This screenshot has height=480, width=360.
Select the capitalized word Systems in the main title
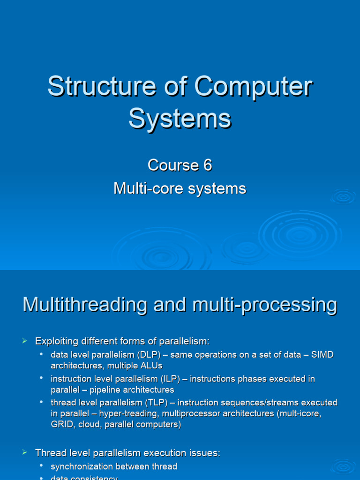pyautogui.click(x=180, y=118)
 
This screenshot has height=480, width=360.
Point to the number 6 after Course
pyautogui.click(x=207, y=165)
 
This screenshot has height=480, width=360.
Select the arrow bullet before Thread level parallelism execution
pyautogui.click(x=25, y=452)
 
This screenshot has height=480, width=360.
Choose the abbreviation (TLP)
pyautogui.click(x=157, y=402)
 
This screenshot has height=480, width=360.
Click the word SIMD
pyautogui.click(x=322, y=355)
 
